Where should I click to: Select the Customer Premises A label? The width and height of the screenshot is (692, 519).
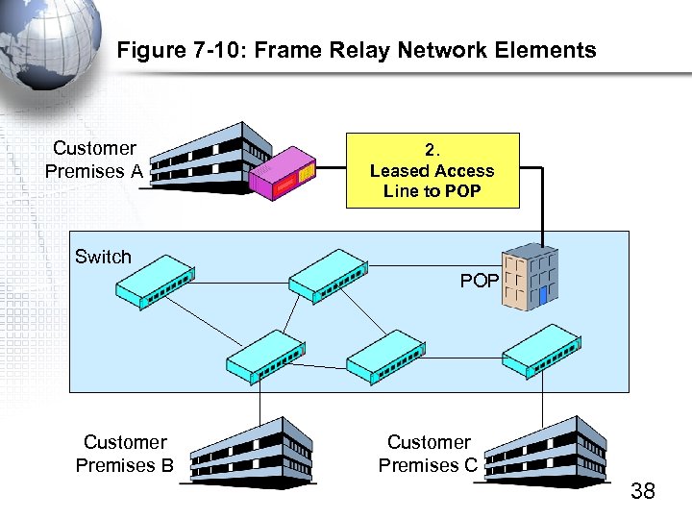(93, 160)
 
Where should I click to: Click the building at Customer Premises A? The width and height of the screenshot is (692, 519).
(207, 159)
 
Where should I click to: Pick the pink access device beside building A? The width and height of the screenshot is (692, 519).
(283, 173)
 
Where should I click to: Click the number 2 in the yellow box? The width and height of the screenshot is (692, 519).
(432, 150)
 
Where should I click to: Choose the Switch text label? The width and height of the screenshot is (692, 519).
(103, 257)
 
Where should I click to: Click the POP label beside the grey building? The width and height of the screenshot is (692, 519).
(479, 281)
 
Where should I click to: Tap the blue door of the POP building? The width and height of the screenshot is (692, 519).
(542, 295)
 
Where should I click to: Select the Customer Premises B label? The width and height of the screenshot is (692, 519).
(125, 454)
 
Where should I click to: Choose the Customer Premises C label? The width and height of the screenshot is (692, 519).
(429, 454)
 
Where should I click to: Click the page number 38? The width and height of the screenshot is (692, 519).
(642, 491)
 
